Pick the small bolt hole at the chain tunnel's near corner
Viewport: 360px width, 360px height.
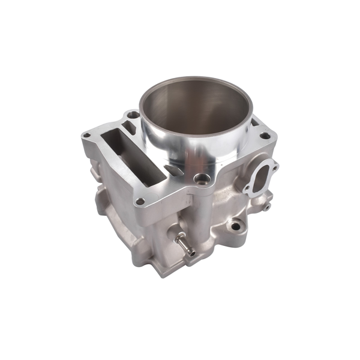(x=140, y=202)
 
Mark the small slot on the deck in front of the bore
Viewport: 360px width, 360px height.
(x=173, y=171)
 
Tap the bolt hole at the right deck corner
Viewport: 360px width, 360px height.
(x=265, y=136)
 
